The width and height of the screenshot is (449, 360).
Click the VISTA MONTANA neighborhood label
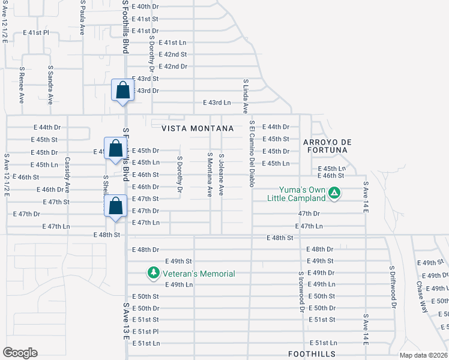(197, 129)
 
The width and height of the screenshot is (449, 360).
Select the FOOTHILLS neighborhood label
(312, 354)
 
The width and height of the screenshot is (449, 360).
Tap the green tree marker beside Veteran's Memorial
(153, 274)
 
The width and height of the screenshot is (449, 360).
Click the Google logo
(20, 353)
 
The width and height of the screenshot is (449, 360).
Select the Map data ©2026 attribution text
(424, 355)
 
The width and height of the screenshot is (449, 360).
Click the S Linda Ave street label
(246, 96)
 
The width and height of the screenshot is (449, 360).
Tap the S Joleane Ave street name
(221, 173)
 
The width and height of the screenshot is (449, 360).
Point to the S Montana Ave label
(210, 175)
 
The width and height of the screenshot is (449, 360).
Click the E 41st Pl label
(35, 33)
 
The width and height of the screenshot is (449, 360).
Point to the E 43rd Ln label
(217, 103)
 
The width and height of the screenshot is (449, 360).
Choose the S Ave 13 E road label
(127, 322)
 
